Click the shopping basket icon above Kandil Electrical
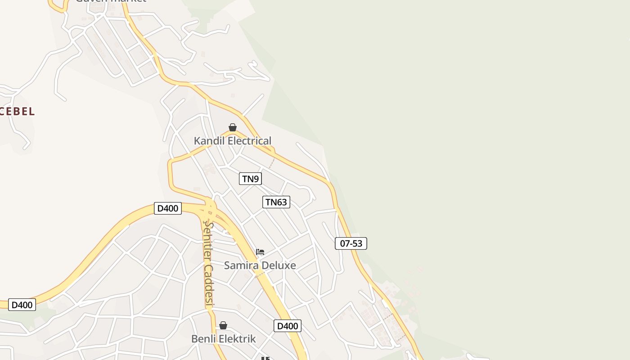coord(233,127)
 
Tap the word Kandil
coord(209,141)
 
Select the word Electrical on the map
coord(249,141)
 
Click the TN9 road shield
coord(251,179)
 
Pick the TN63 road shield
coord(276,202)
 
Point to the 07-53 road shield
coord(351,243)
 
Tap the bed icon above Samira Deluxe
coord(260,252)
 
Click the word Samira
coord(240,265)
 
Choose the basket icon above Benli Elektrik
coord(223,325)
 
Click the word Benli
coord(204,339)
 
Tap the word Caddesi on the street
coord(208,285)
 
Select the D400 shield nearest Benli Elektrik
coord(287,326)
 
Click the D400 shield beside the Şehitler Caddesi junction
coord(168,208)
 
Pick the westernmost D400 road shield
coord(22,305)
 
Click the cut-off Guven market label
coord(111,1)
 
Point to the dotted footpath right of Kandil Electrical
coord(271,162)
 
